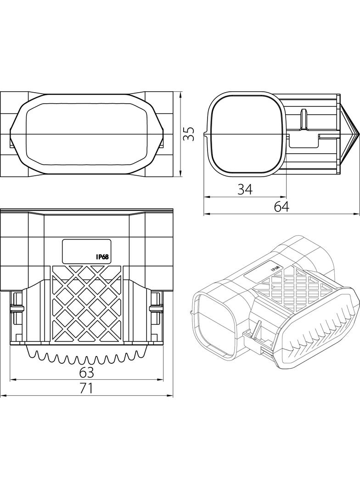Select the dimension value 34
click(x=245, y=189)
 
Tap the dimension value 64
click(x=281, y=207)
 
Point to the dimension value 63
click(x=86, y=372)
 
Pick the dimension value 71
click(x=86, y=389)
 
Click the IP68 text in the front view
click(x=102, y=257)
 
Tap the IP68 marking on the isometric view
click(x=275, y=267)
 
